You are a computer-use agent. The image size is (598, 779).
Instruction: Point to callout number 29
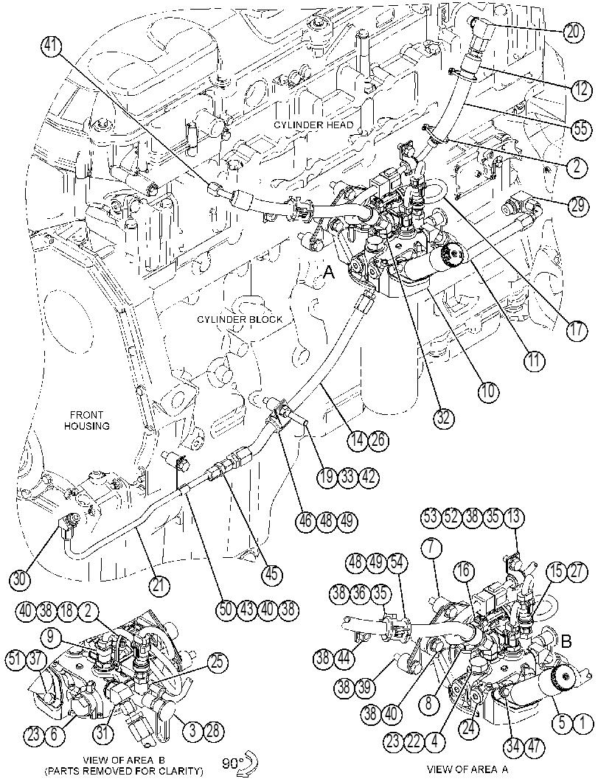(x=577, y=205)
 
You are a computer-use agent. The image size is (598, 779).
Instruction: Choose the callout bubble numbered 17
(x=576, y=330)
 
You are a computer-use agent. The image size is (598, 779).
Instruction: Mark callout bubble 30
(x=21, y=579)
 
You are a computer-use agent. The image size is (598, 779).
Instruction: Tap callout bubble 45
(x=272, y=574)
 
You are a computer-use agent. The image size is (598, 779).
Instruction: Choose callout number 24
(x=469, y=730)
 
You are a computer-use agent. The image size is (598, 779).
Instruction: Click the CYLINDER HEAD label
(x=313, y=125)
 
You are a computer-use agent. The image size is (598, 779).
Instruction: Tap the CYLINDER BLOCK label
(x=240, y=319)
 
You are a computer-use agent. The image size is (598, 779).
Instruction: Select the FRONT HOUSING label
(x=86, y=420)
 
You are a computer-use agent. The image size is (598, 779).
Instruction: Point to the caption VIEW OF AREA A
(x=467, y=769)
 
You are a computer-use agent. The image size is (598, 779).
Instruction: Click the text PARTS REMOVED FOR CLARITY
(x=124, y=771)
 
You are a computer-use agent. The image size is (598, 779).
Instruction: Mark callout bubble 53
(x=431, y=517)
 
